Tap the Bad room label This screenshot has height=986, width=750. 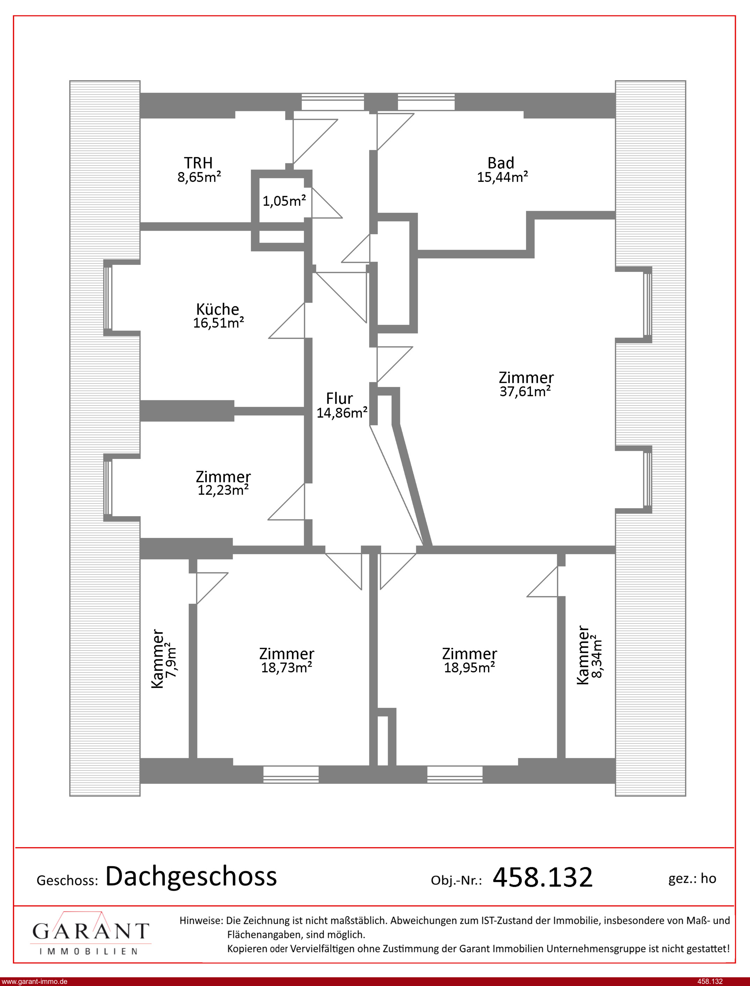(x=501, y=163)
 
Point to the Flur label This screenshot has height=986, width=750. (x=339, y=398)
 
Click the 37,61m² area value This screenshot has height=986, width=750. (x=525, y=392)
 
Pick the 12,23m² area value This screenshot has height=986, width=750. (x=223, y=490)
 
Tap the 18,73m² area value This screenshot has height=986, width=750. (x=286, y=668)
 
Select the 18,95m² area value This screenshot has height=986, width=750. (x=469, y=668)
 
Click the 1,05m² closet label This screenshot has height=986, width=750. (x=284, y=201)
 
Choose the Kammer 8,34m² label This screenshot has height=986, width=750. (x=589, y=655)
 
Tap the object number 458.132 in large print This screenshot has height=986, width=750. (x=543, y=877)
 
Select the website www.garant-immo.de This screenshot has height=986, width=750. (x=34, y=981)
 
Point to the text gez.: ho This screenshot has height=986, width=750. (x=692, y=878)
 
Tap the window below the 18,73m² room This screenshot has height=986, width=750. (x=291, y=774)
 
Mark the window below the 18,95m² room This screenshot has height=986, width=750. (x=454, y=774)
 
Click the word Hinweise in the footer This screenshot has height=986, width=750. (x=201, y=920)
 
